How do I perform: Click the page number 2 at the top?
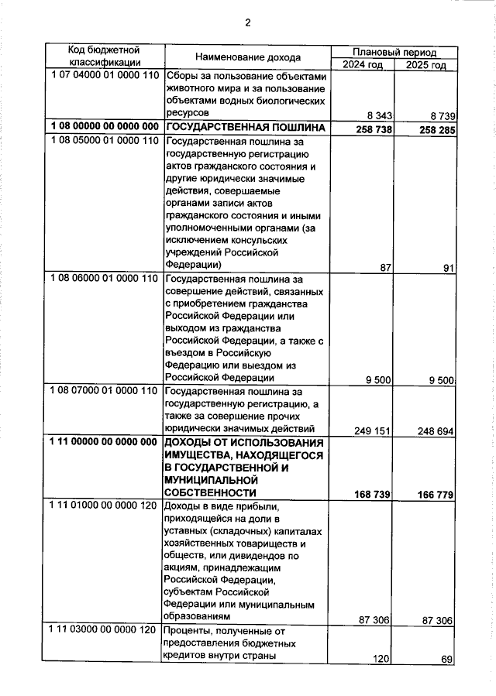click(x=247, y=22)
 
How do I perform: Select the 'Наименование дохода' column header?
click(x=247, y=58)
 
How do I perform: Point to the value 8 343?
click(x=374, y=116)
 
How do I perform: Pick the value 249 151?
click(x=367, y=430)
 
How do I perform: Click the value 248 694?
click(x=432, y=430)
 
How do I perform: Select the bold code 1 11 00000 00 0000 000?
click(x=103, y=442)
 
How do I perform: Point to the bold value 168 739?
click(x=367, y=493)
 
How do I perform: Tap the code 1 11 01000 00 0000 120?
click(x=103, y=505)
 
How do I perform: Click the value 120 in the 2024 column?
click(x=379, y=660)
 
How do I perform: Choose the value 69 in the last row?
click(x=446, y=660)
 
